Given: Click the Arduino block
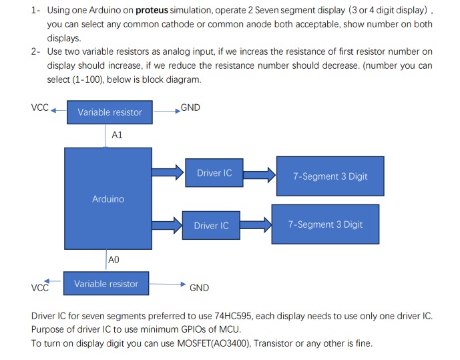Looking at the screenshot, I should (107, 198).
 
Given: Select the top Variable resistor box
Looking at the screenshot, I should (109, 112).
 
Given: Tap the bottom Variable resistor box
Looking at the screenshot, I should (106, 284).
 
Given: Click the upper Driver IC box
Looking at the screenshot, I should (214, 173).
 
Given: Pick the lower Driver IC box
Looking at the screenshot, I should (211, 226).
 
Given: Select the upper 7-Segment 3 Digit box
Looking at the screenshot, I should (330, 176).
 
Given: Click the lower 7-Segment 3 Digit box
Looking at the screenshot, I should (325, 224).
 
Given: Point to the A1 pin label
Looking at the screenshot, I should (118, 135).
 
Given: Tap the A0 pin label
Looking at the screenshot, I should (113, 259).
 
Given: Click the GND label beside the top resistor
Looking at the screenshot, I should (190, 108).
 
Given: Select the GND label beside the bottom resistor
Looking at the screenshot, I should (199, 288).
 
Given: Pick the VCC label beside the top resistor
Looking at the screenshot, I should (39, 108).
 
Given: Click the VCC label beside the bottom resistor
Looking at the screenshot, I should (40, 288).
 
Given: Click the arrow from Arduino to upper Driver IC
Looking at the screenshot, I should (168, 173).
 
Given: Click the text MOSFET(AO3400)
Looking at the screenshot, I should (203, 343).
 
